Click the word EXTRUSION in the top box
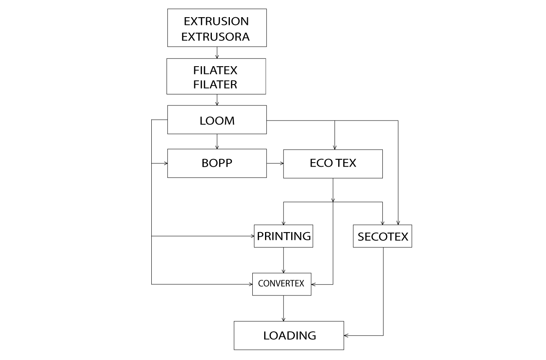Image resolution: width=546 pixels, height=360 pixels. [216, 21]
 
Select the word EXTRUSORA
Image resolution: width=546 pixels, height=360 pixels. [215, 37]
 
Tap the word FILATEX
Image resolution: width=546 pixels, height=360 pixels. [215, 70]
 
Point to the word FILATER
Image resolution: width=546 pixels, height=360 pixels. [215, 85]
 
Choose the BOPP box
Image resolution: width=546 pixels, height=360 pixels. [217, 163]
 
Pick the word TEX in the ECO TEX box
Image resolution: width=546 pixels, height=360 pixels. [346, 163]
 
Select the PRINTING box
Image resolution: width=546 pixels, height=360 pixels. [283, 236]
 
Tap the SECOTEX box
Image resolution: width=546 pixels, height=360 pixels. [382, 236]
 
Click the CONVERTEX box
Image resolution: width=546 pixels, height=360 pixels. [281, 284]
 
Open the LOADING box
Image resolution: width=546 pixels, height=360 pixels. [289, 335]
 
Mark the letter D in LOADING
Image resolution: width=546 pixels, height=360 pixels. [291, 336]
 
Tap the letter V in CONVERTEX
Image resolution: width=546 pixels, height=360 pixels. [279, 284]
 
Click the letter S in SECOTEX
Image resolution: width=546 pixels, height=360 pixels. [361, 237]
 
